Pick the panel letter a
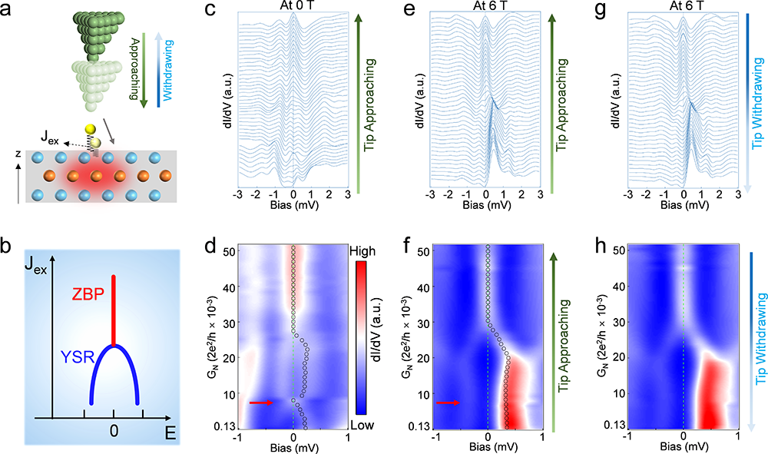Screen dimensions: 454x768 (x=12, y=10)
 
